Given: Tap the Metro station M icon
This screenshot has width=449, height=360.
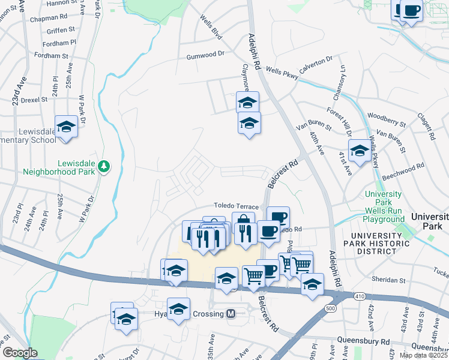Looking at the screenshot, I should pos(231,314).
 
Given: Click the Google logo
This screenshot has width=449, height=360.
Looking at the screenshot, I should pos(20,353).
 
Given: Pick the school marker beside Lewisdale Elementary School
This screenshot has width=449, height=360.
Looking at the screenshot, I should pos(67,127).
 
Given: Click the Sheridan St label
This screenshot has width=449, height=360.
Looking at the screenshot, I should pos(386,280).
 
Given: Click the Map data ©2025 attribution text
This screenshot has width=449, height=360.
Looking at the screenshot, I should pos(423,355).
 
